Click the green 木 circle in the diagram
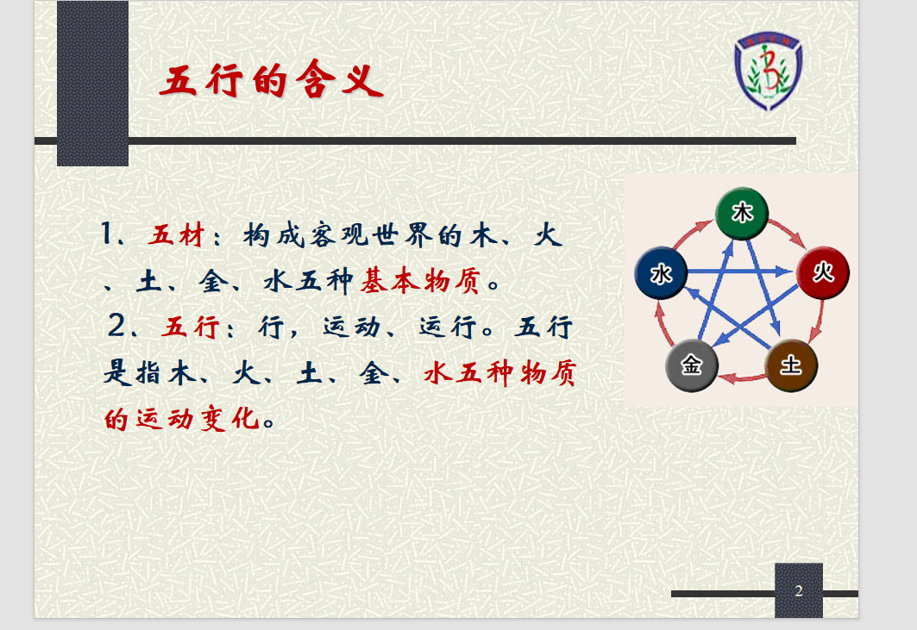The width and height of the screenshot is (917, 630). pos(742,214)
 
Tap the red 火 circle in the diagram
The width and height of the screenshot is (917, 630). pos(823,273)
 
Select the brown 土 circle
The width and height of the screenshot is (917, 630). pos(791,365)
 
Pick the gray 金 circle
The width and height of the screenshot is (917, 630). pos(691,365)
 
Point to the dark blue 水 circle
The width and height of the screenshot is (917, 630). pos(661,273)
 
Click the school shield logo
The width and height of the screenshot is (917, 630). pos(769,71)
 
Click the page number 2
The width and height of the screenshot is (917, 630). pos(798,591)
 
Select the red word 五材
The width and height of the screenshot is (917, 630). pos(176,235)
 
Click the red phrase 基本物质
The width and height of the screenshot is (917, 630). pos(420,281)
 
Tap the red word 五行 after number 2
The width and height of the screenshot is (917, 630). pos(191,327)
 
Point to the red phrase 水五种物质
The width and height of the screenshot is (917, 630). pos(500,373)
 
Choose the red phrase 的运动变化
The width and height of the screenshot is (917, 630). pos(182,419)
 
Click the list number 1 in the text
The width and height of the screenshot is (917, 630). pos(106,234)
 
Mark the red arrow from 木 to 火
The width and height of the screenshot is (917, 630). pos(787,232)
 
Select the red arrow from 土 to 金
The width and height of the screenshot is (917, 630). pos(741,378)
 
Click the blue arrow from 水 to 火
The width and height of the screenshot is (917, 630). pos(740,271)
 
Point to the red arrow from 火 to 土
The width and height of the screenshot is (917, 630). pos(817,321)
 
